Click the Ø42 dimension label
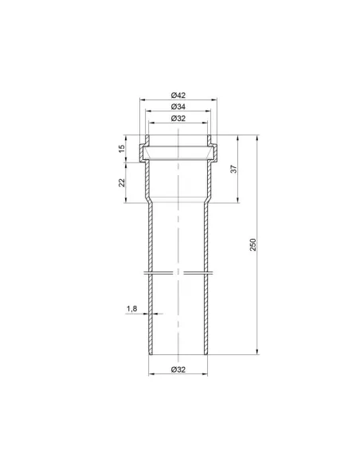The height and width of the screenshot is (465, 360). coord(178,96)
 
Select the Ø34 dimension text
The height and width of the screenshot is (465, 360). coord(178,107)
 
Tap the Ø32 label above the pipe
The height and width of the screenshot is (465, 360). coord(178,119)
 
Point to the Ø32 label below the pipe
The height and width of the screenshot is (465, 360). coord(178,369)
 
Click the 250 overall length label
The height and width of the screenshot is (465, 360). coord(252,244)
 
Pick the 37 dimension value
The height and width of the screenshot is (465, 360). coord(234,169)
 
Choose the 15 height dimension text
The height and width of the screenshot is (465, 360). coord(122,149)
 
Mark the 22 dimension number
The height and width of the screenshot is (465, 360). coord(122,182)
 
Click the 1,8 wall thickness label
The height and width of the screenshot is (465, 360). coord(131,308)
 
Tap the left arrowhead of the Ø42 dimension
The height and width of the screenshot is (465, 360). coord(143,100)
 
